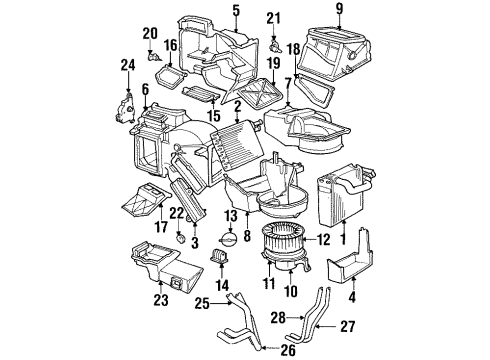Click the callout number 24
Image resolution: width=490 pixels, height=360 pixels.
(127, 68)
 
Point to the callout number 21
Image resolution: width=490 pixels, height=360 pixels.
(273, 18)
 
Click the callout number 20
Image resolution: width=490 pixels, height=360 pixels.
(150, 34)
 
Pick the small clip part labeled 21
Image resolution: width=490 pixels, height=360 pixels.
(274, 45)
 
